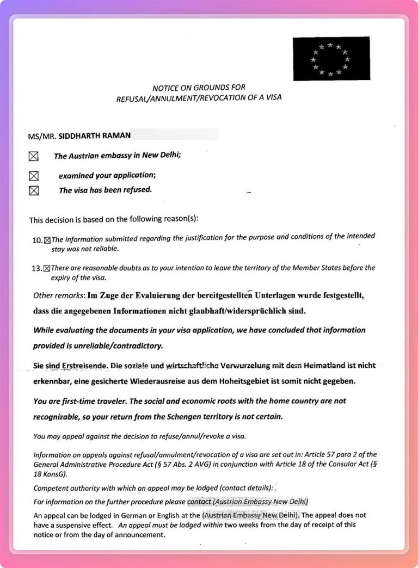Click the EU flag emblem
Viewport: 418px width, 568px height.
[x=331, y=59]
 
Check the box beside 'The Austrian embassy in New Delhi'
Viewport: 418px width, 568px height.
[x=34, y=156]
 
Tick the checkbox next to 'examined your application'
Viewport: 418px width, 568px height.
[x=34, y=175]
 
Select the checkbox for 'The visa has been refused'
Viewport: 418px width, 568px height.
[x=34, y=190]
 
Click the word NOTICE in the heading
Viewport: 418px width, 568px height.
[x=165, y=88]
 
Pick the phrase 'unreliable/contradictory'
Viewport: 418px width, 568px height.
[x=118, y=346]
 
